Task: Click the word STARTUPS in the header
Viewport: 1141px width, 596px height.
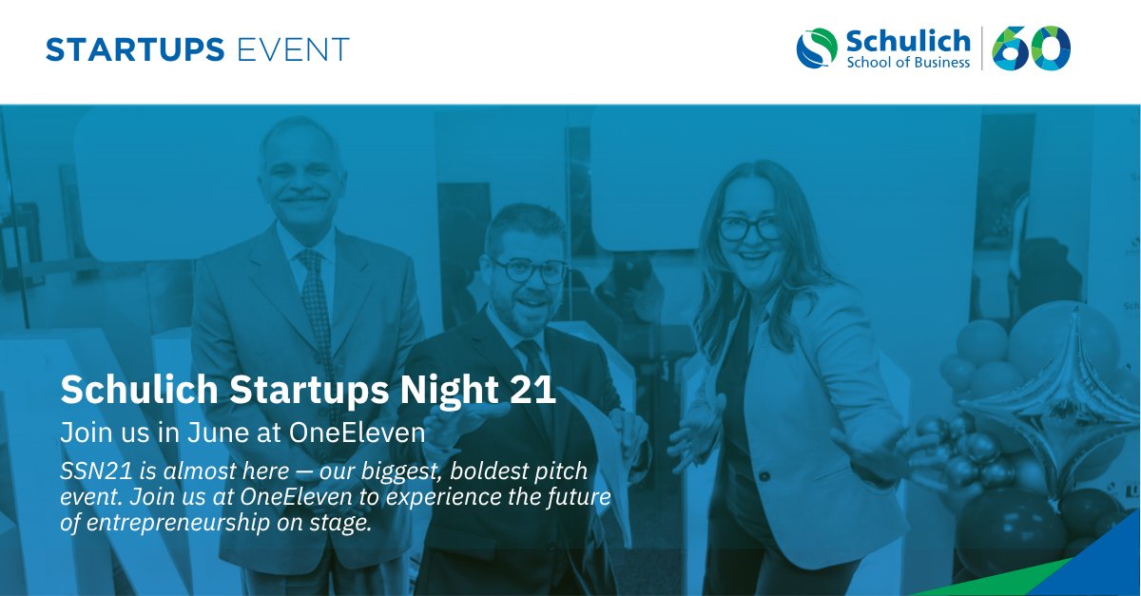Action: coord(135,49)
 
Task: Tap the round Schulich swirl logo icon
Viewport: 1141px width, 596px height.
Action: coord(817,48)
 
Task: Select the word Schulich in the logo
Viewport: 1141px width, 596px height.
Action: coord(907,41)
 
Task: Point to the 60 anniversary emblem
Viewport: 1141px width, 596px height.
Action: coord(1032,48)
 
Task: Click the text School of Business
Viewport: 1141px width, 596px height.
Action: coord(908,63)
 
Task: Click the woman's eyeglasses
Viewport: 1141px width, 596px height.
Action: coord(750,228)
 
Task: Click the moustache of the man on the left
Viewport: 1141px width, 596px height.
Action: coord(305,198)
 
